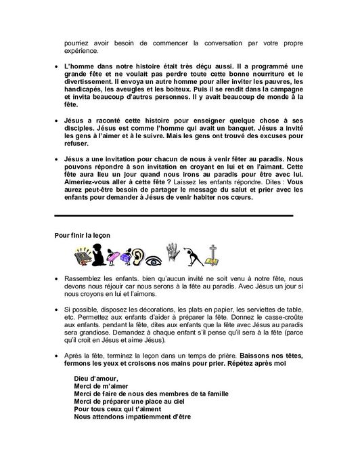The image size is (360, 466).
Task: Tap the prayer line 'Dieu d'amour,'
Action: (95, 378)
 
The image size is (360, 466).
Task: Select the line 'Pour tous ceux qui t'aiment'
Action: (116, 408)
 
